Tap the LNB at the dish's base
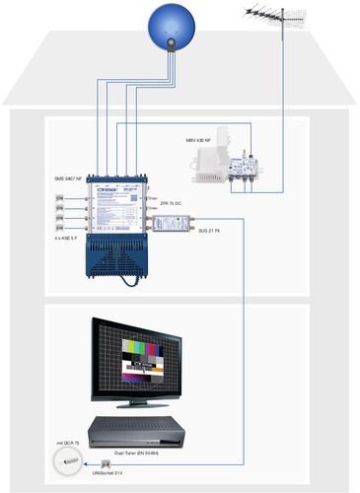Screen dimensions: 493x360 [x=174, y=45]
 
